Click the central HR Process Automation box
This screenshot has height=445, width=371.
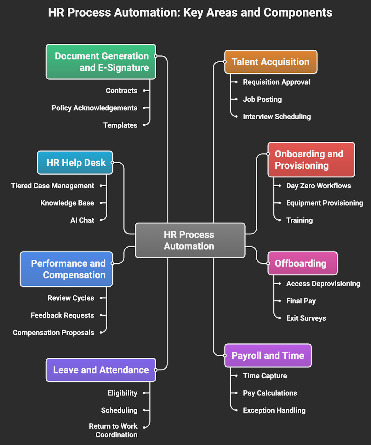pyautogui.click(x=190, y=240)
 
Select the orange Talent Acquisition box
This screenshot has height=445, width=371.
pyautogui.click(x=271, y=62)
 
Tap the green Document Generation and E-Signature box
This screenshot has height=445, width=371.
pyautogui.click(x=101, y=62)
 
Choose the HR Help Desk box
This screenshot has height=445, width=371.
pyautogui.click(x=75, y=163)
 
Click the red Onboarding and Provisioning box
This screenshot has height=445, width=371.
pyautogui.click(x=311, y=160)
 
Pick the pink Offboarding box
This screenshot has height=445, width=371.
pyautogui.click(x=302, y=263)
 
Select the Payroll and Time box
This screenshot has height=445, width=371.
pyautogui.click(x=268, y=356)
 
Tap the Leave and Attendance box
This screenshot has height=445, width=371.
pyautogui.click(x=101, y=370)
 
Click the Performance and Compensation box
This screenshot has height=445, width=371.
pyautogui.click(x=66, y=269)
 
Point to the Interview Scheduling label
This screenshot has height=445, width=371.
pyautogui.click(x=277, y=117)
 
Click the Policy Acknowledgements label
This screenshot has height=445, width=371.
pyautogui.click(x=94, y=108)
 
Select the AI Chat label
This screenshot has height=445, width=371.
pyautogui.click(x=82, y=220)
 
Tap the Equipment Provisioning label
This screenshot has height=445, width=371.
pyautogui.click(x=324, y=203)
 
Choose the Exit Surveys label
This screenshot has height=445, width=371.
pyautogui.click(x=306, y=318)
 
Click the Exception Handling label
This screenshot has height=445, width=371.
pyautogui.click(x=274, y=410)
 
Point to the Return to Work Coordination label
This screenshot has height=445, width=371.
pyautogui.click(x=113, y=431)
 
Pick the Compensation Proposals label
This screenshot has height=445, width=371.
pyautogui.click(x=54, y=333)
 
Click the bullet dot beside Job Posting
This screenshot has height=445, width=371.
pyautogui.click(x=236, y=99)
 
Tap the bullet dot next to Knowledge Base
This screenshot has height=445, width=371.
pyautogui.click(x=101, y=203)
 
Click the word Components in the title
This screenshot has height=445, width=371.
pyautogui.click(x=298, y=13)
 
